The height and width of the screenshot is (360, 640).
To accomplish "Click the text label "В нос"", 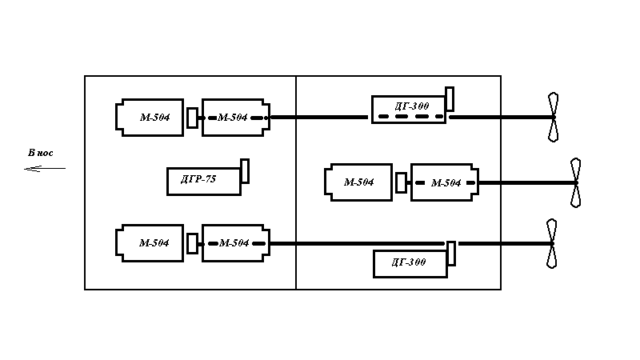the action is [x=41, y=153].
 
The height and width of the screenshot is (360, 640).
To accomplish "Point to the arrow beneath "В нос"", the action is [x=45, y=168].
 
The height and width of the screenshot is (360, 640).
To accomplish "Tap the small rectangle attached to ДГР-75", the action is [x=245, y=171].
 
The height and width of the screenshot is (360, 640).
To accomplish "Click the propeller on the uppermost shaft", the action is [x=553, y=117].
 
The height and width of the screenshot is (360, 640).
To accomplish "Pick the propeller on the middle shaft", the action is [x=575, y=182].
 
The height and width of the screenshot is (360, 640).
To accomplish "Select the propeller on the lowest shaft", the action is [x=551, y=244].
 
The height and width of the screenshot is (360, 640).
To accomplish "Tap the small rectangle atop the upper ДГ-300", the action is [x=450, y=98].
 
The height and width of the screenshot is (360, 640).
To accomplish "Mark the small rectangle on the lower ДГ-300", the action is [x=451, y=254].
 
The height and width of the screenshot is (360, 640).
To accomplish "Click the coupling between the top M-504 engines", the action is [x=192, y=118].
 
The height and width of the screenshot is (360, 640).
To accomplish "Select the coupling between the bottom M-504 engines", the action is [x=192, y=244].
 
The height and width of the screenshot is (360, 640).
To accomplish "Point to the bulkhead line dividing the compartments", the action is [x=296, y=183].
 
